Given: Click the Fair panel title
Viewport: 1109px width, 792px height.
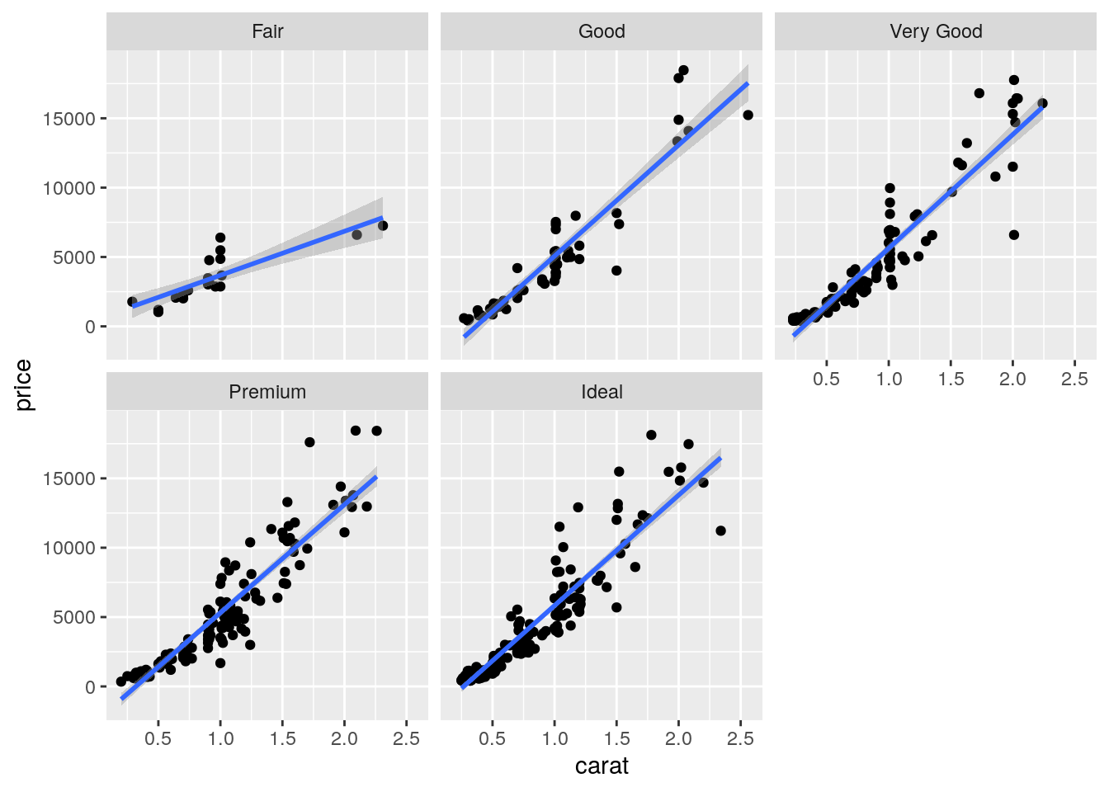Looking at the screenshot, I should [x=267, y=31].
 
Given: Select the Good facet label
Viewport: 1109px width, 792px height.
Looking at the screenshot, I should [x=602, y=31].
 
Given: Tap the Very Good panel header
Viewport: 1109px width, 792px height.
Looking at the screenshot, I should [x=936, y=31].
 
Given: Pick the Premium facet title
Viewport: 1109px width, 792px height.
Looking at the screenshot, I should [x=267, y=392].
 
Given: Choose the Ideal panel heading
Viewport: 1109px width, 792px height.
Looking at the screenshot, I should [x=602, y=392].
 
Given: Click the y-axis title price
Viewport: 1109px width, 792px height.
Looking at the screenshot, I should [x=23, y=385].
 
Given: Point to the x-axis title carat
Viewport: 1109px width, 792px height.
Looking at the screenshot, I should [x=602, y=766].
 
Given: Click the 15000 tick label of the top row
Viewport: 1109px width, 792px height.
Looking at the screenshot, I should [x=69, y=119].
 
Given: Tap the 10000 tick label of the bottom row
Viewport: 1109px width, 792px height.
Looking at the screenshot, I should [x=69, y=549].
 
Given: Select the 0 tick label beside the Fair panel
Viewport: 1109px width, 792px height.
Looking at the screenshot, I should [x=90, y=328].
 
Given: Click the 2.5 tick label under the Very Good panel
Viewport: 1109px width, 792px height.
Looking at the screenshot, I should [x=1074, y=379].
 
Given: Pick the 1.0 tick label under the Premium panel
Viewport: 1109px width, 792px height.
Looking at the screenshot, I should [x=220, y=739].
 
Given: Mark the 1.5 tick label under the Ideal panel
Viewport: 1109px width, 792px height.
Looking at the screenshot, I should [x=616, y=739].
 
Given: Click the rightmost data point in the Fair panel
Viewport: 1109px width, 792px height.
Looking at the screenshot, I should [x=383, y=226].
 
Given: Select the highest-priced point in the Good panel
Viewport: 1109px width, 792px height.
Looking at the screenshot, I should [x=683, y=70].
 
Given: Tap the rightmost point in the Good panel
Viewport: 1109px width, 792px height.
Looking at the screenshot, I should [x=748, y=115].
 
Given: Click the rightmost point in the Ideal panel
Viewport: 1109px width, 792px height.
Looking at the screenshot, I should [x=720, y=530].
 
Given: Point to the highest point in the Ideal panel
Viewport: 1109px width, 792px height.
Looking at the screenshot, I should [x=651, y=435].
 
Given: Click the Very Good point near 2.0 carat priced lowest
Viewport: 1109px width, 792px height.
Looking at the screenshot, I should [x=1014, y=235].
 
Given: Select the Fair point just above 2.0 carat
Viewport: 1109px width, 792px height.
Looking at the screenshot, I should [x=356, y=235].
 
